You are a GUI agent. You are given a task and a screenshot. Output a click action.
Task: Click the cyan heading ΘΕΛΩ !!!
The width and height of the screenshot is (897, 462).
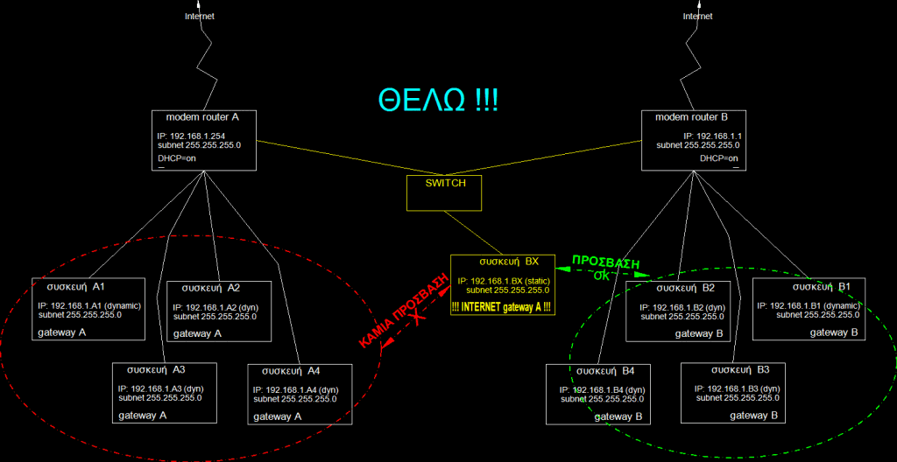[438, 100]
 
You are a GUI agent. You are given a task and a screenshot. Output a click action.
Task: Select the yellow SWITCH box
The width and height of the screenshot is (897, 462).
[444, 192]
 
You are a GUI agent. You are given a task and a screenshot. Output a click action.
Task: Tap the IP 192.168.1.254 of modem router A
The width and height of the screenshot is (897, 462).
[191, 136]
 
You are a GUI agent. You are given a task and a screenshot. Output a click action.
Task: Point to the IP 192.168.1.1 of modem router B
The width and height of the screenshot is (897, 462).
[712, 136]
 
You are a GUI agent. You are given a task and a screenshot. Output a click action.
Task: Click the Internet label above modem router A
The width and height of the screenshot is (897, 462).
[200, 16]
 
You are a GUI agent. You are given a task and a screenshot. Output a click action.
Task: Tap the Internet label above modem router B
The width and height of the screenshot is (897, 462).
[698, 16]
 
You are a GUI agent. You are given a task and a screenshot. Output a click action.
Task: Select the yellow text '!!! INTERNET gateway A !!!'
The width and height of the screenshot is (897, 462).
[501, 307]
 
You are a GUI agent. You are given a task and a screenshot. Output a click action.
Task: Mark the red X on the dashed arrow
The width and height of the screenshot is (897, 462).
[418, 318]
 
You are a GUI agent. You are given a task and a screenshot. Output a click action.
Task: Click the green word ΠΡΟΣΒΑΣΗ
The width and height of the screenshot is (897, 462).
[606, 262]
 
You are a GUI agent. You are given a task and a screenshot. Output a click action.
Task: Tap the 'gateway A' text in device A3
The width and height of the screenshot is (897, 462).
[143, 416]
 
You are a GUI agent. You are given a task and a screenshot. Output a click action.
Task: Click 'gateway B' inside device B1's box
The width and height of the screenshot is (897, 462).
[834, 332]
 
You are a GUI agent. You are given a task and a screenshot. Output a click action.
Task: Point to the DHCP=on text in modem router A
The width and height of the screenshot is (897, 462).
[177, 158]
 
